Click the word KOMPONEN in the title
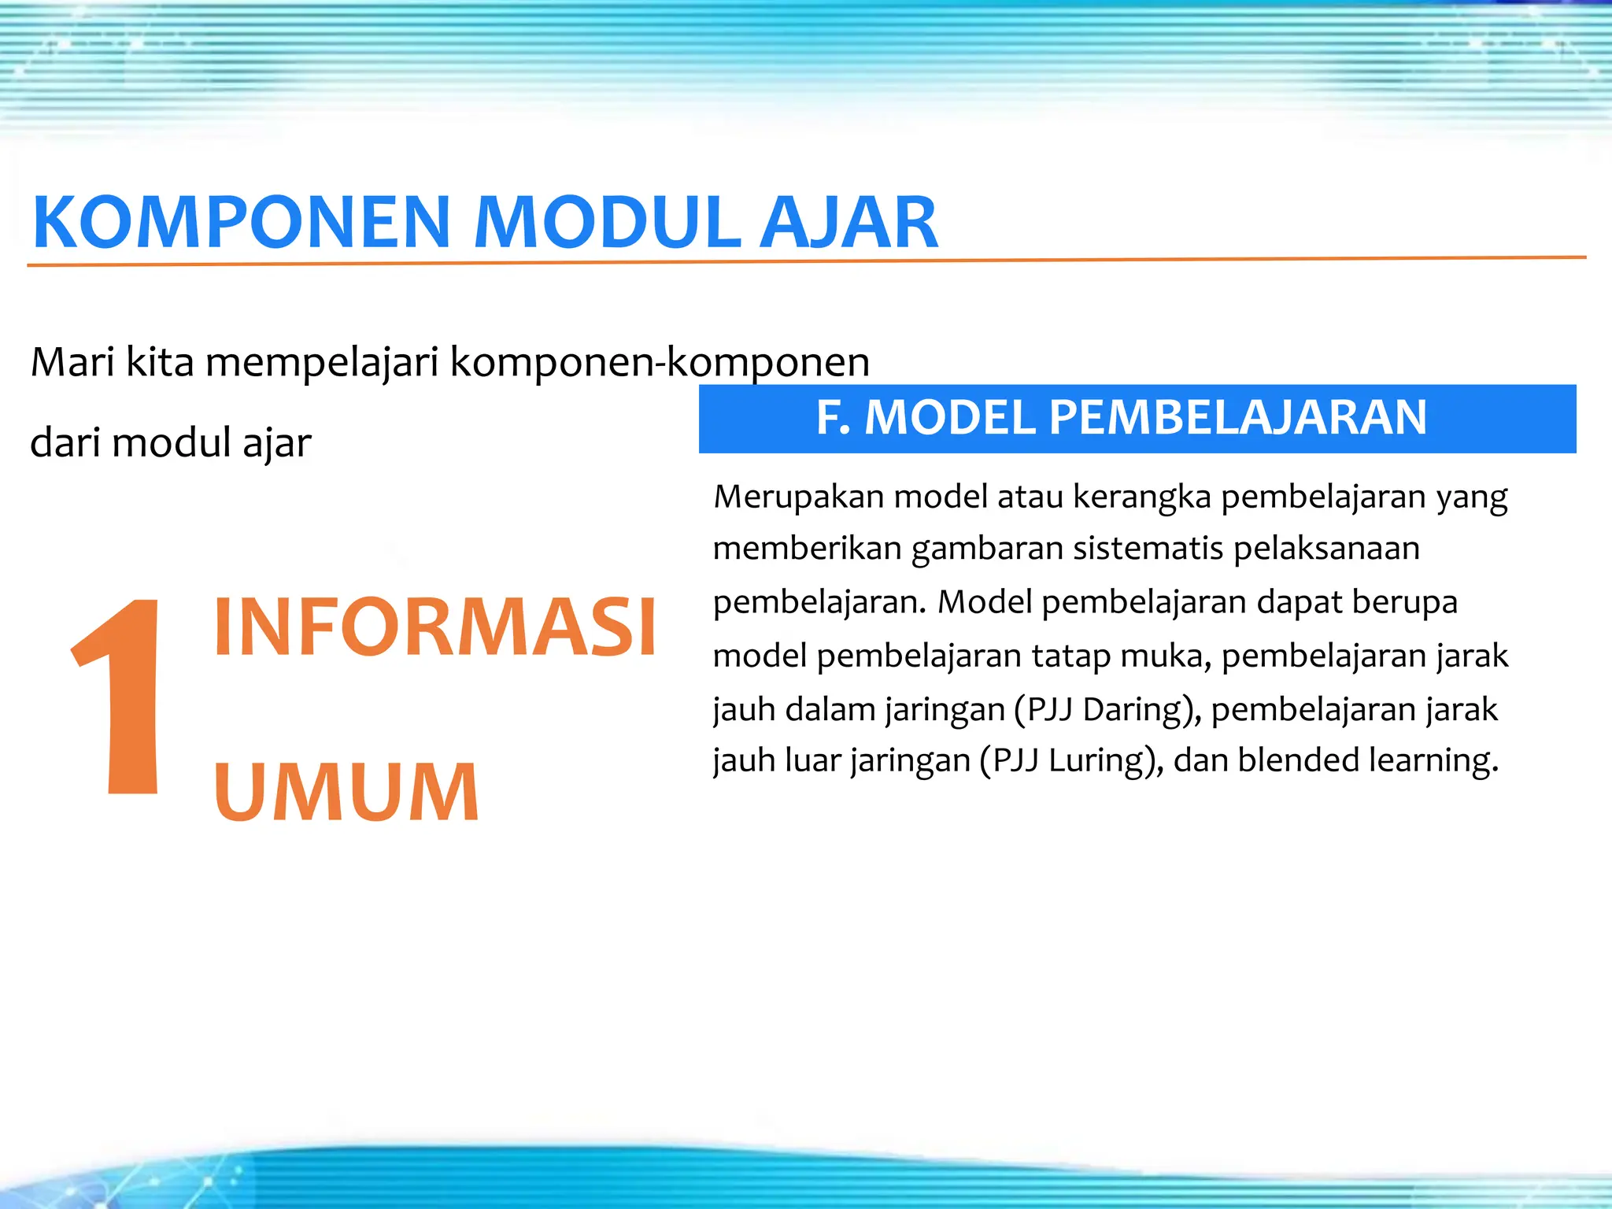coord(241,223)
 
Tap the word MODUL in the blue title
coord(606,223)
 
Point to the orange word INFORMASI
coord(434,627)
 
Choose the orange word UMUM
coord(346,793)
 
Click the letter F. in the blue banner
coord(833,417)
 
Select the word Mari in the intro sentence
coord(72,363)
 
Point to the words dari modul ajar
coord(170,443)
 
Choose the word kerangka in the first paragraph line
coord(1141,497)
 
